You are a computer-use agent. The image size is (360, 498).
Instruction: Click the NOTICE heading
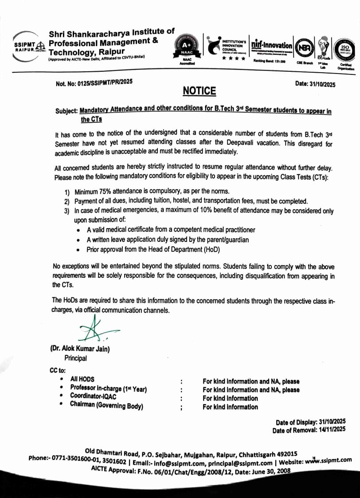coord(199,91)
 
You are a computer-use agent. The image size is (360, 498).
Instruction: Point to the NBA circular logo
coord(304,47)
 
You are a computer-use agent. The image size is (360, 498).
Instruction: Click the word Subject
coord(66,111)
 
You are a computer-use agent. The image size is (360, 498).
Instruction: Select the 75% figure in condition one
coord(109,191)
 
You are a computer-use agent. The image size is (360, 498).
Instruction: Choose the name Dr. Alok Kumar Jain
coord(80,349)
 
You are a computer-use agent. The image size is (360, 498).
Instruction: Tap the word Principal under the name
coord(75,358)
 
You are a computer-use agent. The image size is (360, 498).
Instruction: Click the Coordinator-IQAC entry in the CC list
coord(93,397)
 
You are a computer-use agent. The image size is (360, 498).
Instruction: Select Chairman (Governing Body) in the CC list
coord(106,405)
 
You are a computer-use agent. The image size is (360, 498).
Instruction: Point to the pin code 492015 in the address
coord(286,453)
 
